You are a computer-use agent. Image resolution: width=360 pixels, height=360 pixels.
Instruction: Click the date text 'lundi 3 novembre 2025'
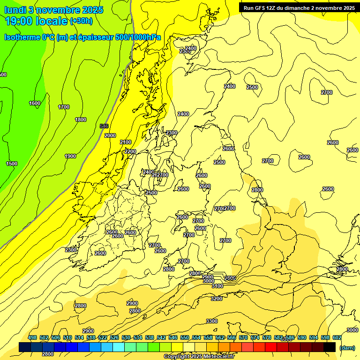click(54, 10)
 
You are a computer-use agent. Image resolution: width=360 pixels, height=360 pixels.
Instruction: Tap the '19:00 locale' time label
click(36, 21)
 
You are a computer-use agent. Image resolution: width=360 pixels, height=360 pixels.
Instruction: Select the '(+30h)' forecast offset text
click(81, 21)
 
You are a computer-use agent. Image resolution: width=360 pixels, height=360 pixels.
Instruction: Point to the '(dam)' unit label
click(347, 347)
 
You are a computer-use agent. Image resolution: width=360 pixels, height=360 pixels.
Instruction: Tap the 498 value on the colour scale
click(32, 338)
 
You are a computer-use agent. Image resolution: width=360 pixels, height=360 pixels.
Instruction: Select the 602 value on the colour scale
click(337, 338)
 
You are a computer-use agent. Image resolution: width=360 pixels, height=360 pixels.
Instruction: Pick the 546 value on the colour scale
click(173, 338)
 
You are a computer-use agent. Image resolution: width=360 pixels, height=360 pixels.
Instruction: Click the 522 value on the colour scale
click(103, 338)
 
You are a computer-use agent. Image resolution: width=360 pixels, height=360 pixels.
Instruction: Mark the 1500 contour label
click(12, 164)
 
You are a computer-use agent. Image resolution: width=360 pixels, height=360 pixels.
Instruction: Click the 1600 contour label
click(35, 104)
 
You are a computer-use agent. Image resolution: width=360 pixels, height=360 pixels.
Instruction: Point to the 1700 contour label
click(64, 107)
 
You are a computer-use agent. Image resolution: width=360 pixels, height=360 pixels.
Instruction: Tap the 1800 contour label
click(81, 120)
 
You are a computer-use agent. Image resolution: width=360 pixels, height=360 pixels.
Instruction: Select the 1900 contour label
click(70, 157)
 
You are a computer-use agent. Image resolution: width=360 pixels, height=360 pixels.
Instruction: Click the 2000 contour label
click(110, 135)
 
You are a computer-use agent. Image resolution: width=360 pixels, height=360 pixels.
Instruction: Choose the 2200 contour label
click(130, 151)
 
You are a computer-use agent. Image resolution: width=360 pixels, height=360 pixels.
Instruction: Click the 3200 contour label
click(216, 299)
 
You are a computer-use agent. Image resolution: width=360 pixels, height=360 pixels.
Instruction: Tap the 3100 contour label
click(217, 286)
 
